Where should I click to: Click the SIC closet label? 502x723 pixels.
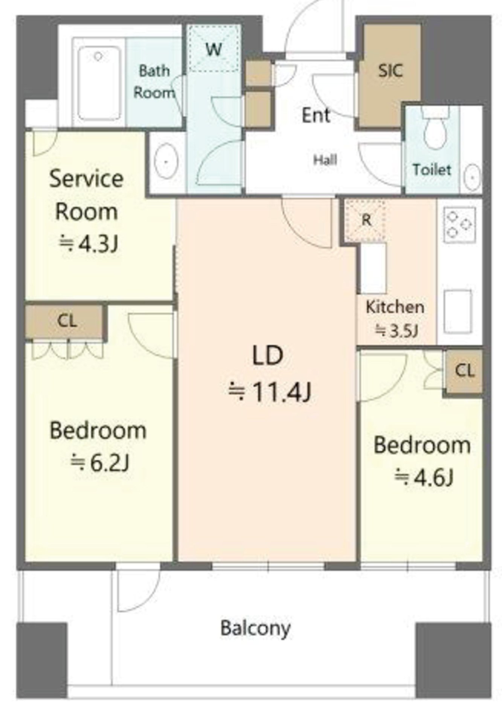click(391, 70)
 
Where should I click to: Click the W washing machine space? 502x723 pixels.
click(214, 48)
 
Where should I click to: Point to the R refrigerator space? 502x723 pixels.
click(366, 220)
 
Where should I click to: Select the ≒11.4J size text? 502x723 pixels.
click(270, 392)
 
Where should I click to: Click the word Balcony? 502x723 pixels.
click(255, 628)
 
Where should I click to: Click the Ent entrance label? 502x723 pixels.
click(316, 115)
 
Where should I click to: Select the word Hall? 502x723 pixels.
click(325, 160)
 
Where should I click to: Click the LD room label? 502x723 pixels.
click(267, 355)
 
